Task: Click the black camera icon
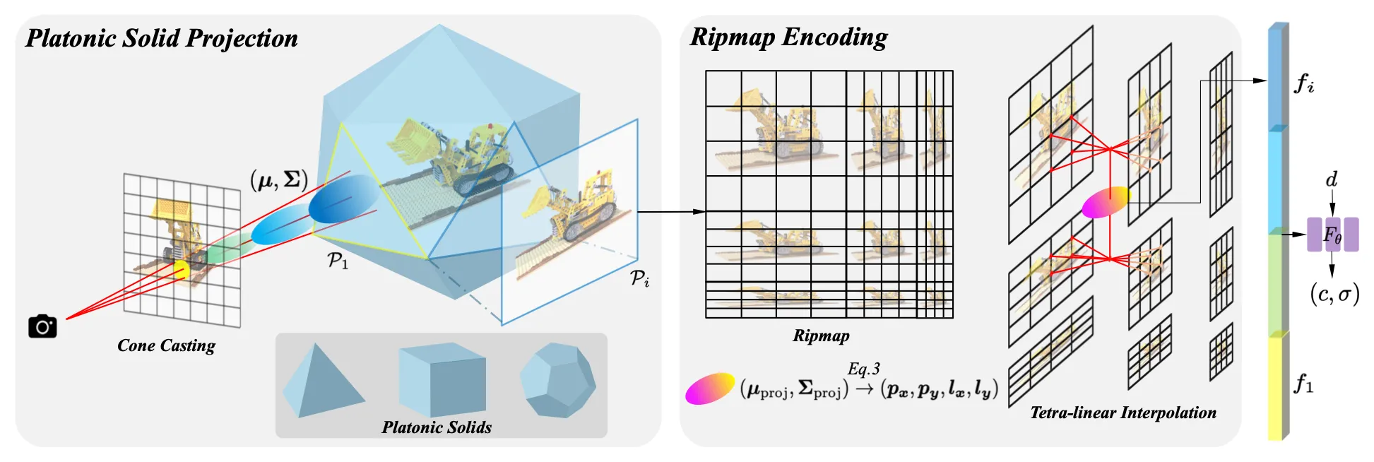(42, 326)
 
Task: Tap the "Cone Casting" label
(166, 345)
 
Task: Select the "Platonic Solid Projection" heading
(162, 38)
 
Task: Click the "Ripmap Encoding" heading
(788, 37)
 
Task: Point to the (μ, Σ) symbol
(279, 179)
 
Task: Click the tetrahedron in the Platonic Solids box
(321, 381)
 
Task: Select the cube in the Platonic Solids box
(442, 379)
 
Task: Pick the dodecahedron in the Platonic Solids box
(557, 379)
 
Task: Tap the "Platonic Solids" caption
(437, 427)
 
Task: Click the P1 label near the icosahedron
(338, 261)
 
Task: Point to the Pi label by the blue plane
(639, 278)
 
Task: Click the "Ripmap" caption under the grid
(821, 336)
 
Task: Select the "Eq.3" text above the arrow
(863, 369)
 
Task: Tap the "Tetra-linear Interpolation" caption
(1123, 413)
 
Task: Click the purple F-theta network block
(1332, 235)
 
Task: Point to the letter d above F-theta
(1332, 179)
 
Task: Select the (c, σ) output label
(1334, 293)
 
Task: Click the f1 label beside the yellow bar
(1304, 384)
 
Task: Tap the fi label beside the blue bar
(1304, 84)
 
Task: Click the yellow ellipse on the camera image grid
(181, 268)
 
